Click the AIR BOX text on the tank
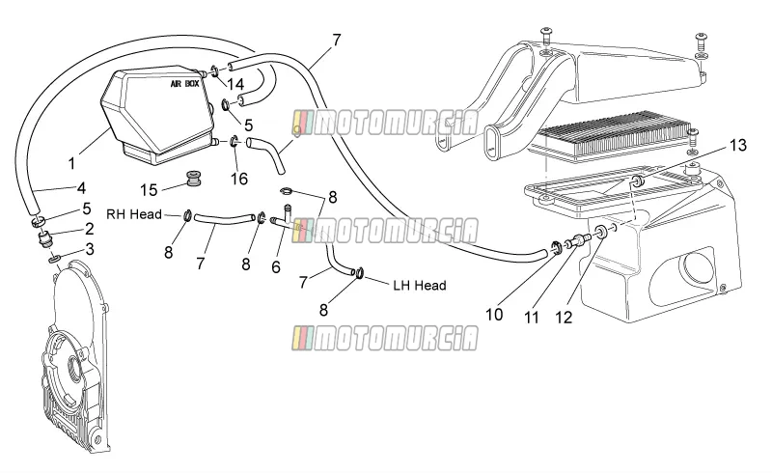184,84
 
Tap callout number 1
71,163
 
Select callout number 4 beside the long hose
82,188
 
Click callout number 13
738,146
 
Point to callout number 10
494,315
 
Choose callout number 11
532,318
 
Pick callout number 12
564,318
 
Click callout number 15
149,190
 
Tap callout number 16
239,179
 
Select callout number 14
235,84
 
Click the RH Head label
134,214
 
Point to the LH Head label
420,286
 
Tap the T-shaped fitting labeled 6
287,219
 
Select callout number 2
89,229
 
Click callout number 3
89,249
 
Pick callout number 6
276,267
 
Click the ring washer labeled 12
601,232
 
